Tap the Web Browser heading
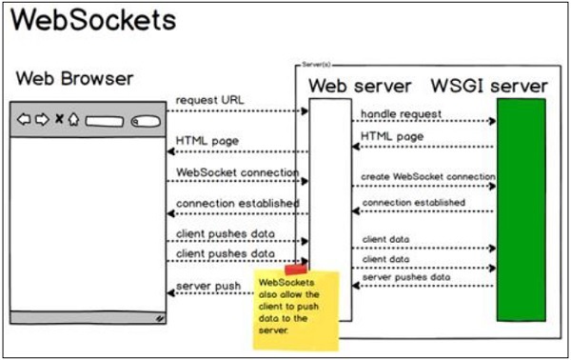coord(75,78)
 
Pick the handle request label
coord(401,114)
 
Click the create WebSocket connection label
coord(427,178)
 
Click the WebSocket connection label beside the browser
coord(238,172)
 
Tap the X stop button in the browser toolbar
coord(58,120)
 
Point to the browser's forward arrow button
coord(41,120)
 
